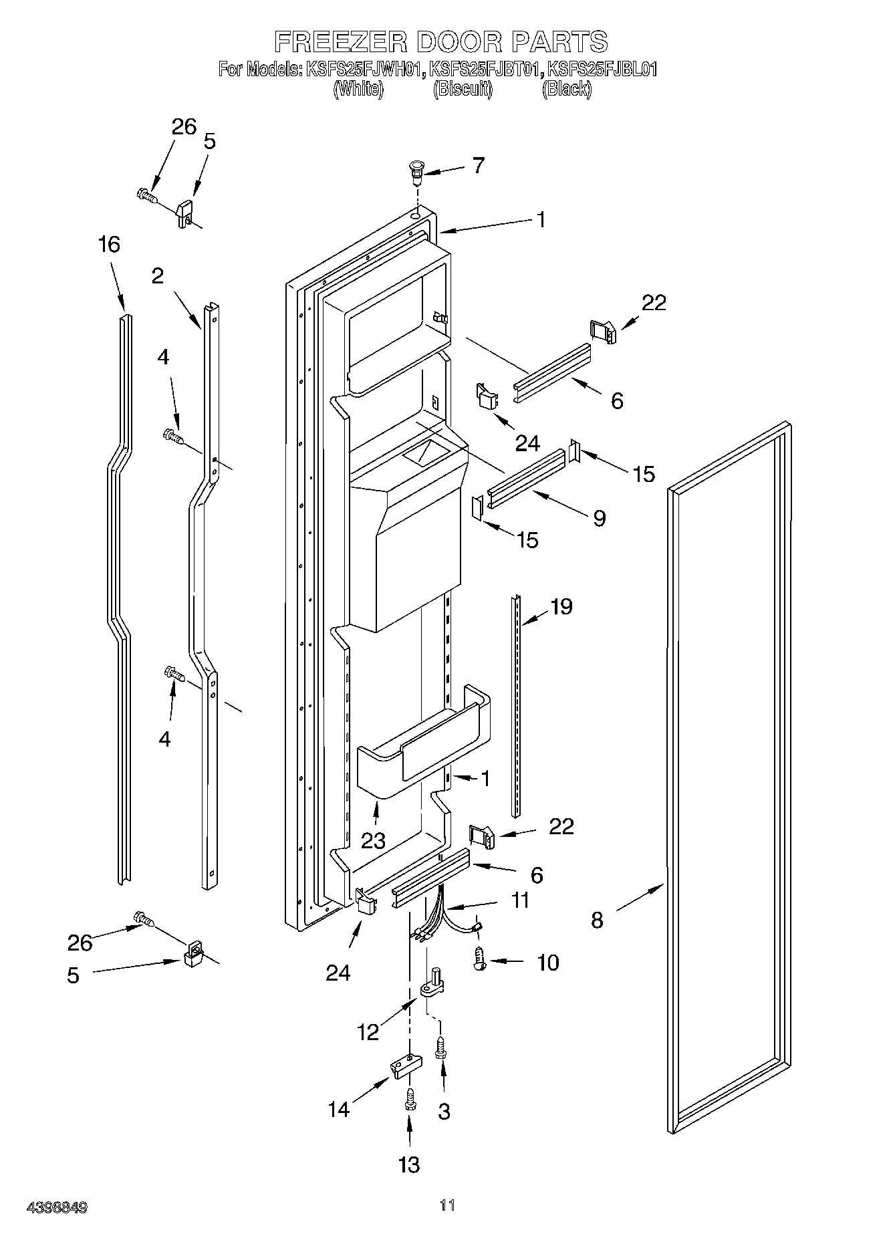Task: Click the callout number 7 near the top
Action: click(x=478, y=165)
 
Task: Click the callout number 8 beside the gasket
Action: click(x=597, y=920)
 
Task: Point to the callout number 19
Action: click(x=561, y=606)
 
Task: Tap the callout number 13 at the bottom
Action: click(x=409, y=1164)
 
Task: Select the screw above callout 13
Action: click(x=410, y=1098)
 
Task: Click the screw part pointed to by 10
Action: click(x=479, y=961)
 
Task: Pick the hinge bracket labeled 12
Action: click(x=432, y=985)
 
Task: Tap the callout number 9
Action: click(x=599, y=517)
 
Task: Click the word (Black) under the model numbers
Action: click(x=567, y=89)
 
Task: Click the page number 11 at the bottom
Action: click(x=447, y=1205)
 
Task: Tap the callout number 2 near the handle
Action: click(x=157, y=275)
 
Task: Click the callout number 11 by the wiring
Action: click(x=519, y=900)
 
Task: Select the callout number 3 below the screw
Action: click(x=444, y=1111)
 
